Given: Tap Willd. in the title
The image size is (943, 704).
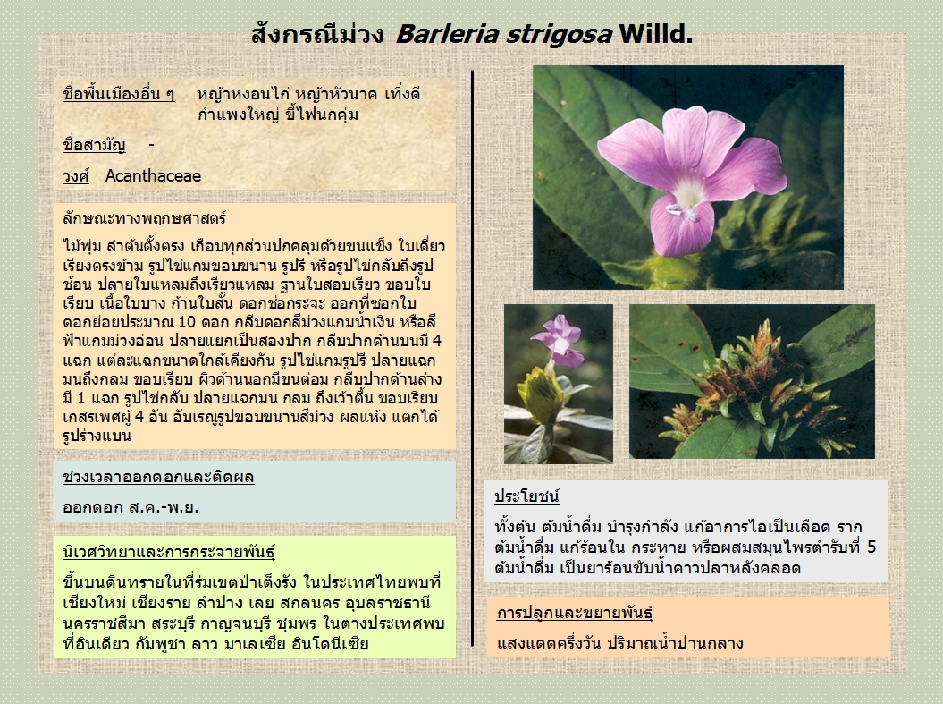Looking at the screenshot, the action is [x=655, y=34].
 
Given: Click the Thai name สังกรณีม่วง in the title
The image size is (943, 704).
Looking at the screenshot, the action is [x=317, y=33].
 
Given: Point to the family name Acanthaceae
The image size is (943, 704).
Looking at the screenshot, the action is [x=153, y=175].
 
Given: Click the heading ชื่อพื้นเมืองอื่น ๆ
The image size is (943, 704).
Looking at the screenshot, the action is [x=119, y=94].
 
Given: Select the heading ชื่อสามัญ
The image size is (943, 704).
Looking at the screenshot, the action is [x=94, y=145].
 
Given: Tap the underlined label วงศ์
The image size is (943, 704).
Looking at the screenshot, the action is [x=76, y=176].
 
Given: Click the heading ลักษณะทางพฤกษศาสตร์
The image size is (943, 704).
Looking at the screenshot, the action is [x=144, y=217].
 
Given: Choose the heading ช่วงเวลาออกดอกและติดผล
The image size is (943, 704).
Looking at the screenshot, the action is [x=158, y=477].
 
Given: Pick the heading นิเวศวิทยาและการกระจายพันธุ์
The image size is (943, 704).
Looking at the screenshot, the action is [x=168, y=552].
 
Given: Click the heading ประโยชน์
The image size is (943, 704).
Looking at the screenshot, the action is [x=526, y=496].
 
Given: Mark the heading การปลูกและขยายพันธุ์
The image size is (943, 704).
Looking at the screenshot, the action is [x=575, y=613].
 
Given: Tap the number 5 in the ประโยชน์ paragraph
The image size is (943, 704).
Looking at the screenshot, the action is [x=871, y=547].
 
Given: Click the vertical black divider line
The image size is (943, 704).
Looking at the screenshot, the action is [x=473, y=359].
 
